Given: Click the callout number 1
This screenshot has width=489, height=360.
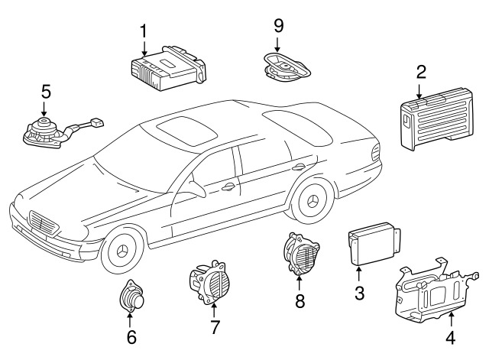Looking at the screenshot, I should point(142,31).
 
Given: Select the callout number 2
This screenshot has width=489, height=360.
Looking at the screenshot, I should point(421,73).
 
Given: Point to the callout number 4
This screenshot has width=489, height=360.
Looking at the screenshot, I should point(450,337).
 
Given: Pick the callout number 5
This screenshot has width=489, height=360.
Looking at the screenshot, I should point(46,91).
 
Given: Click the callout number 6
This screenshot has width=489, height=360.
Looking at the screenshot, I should point(131,336).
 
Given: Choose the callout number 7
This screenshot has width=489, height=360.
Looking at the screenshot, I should point(215,328).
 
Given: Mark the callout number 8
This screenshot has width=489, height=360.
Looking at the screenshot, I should point(300,300).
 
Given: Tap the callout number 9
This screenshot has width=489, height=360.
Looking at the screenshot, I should point(279,25).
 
